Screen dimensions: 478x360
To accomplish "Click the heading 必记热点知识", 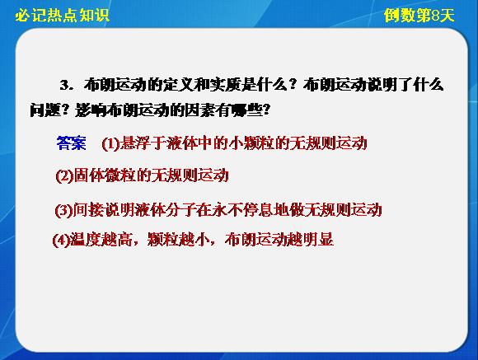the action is pos(63,16).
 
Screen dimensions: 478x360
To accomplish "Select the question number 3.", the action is pos(65,86).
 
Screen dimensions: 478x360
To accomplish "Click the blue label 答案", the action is pos(72,143).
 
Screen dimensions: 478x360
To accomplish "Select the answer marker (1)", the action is pos(110,143).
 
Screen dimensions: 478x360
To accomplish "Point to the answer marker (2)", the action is pos(64,176).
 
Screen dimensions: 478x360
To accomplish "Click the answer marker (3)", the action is pos(63,210).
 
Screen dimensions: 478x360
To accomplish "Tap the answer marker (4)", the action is pos(61,241).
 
